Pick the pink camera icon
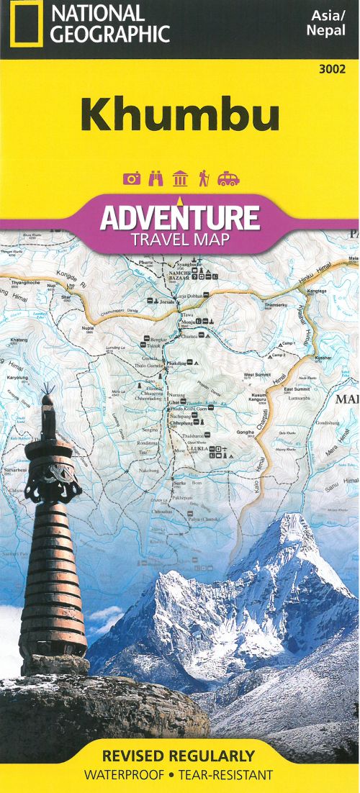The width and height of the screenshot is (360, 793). click(x=132, y=178)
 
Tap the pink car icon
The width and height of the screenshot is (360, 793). click(x=229, y=178)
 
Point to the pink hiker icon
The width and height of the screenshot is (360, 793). click(x=204, y=178)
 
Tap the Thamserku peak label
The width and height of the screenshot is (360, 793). click(x=276, y=306)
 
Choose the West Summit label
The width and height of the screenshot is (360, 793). click(x=256, y=375)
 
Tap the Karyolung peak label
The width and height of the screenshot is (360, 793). click(x=18, y=376)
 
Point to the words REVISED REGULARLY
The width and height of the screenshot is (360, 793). click(x=179, y=756)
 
